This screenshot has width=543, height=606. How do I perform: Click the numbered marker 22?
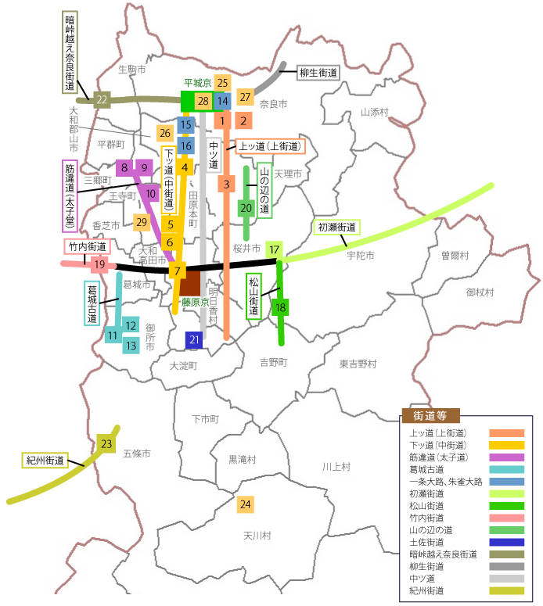pyautogui.click(x=102, y=99)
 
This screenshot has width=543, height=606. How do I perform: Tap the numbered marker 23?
pyautogui.click(x=107, y=444)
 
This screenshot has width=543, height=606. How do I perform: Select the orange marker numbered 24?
pyautogui.click(x=246, y=504)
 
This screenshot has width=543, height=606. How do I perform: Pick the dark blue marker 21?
pyautogui.click(x=195, y=339)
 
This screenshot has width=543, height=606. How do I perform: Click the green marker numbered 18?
pyautogui.click(x=280, y=307)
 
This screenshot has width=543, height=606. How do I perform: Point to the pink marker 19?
pyautogui.click(x=99, y=264)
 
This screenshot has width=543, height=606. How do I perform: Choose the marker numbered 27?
pyautogui.click(x=246, y=97)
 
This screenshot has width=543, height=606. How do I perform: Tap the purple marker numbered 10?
pyautogui.click(x=152, y=193)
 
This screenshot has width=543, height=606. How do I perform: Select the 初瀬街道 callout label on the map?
pyautogui.click(x=337, y=228)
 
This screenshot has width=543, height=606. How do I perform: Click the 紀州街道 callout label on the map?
pyautogui.click(x=44, y=460)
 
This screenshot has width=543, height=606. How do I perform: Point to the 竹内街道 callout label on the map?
pyautogui.click(x=87, y=247)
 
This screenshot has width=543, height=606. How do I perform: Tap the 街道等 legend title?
pyautogui.click(x=430, y=415)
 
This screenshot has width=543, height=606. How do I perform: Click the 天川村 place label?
pyautogui.click(x=257, y=536)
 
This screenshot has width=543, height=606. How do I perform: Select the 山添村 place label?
pyautogui.click(x=375, y=112)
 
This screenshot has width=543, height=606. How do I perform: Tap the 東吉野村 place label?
pyautogui.click(x=358, y=364)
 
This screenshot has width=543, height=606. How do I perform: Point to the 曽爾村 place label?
pyautogui.click(x=454, y=255)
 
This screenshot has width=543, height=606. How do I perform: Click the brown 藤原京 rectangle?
pyautogui.click(x=189, y=283)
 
